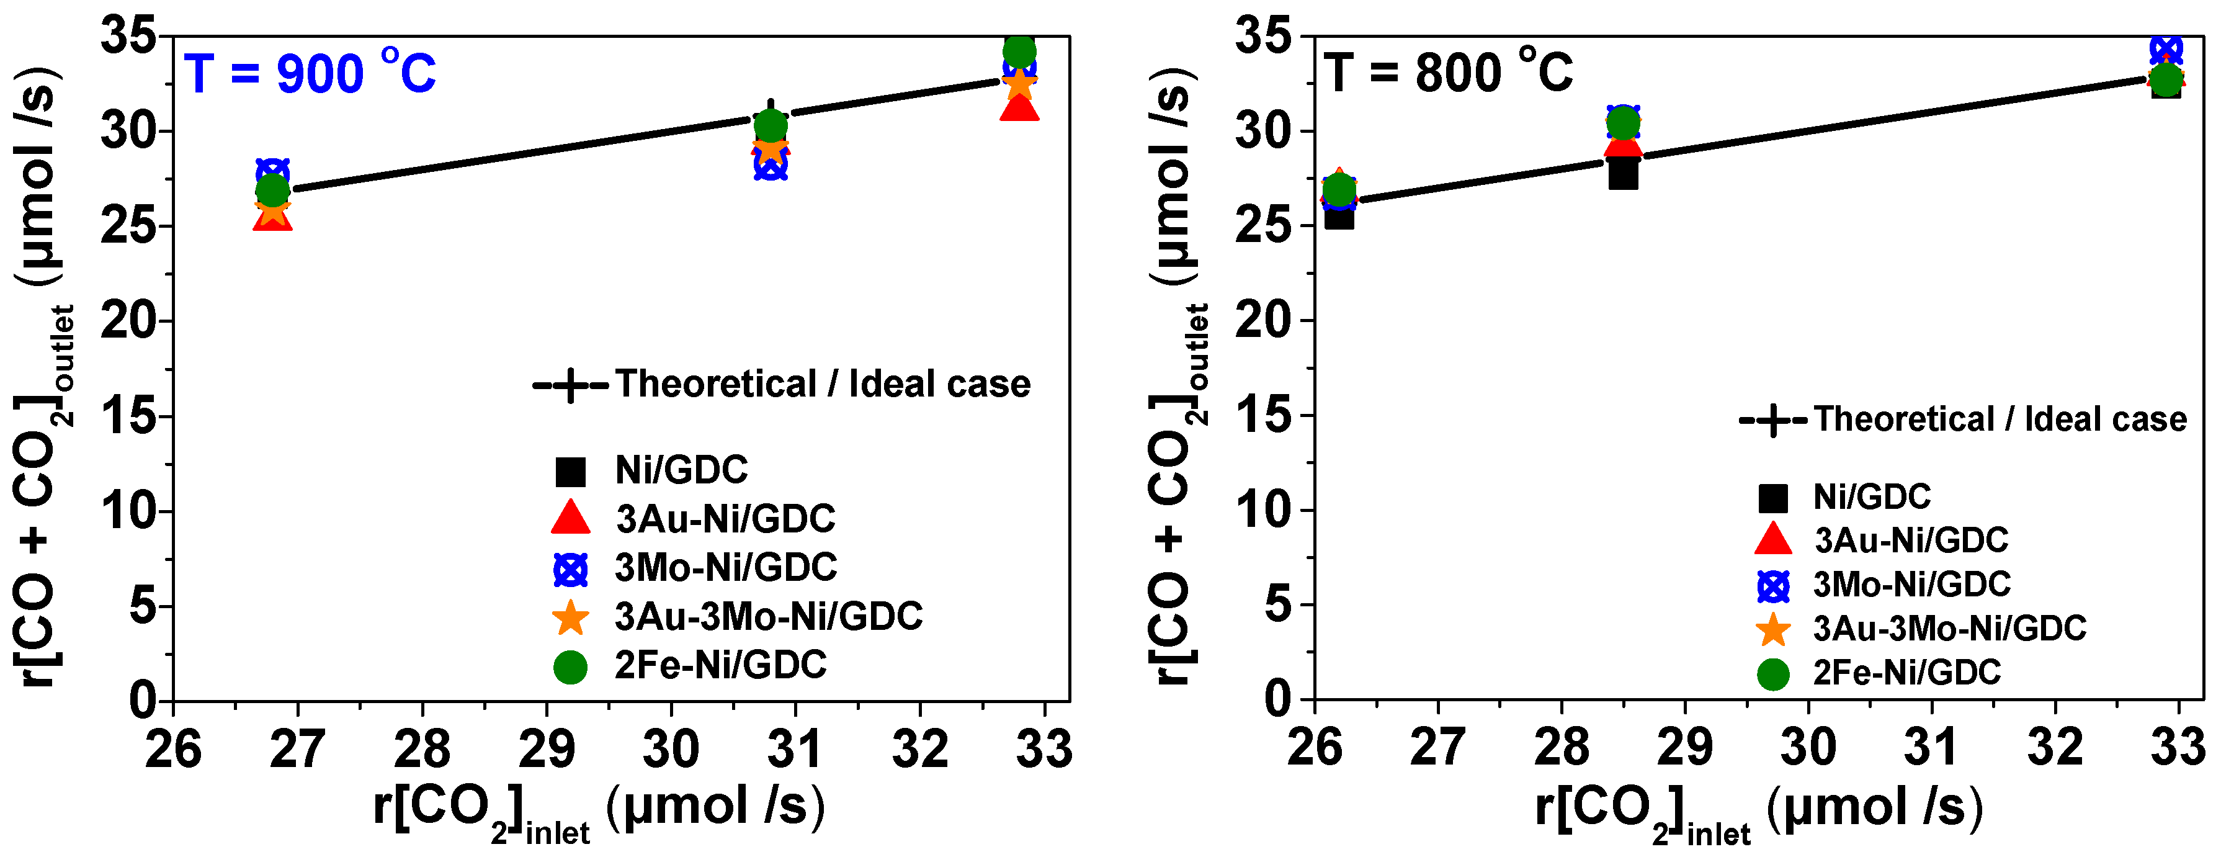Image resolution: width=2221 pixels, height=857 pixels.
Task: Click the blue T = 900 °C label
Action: tap(310, 73)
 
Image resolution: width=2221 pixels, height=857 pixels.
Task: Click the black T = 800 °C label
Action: tap(1449, 73)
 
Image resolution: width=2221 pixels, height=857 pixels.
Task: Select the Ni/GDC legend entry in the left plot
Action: tap(681, 470)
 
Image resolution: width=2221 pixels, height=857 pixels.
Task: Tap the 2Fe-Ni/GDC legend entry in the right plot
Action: tap(1906, 673)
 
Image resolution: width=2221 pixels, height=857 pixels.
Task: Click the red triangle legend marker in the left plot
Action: tap(570, 518)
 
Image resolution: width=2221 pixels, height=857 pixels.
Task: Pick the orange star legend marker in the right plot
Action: tap(1772, 629)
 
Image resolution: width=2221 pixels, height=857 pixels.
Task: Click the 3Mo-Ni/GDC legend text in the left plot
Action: tap(725, 567)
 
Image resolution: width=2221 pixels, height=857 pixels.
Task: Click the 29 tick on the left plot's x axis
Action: tap(546, 748)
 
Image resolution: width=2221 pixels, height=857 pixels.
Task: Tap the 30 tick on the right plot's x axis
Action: tap(1808, 747)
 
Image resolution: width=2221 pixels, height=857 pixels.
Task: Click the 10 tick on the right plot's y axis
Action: tap(1263, 510)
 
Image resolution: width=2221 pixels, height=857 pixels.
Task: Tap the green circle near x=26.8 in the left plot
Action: tap(272, 191)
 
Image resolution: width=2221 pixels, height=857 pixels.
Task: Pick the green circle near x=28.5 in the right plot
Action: tap(1624, 122)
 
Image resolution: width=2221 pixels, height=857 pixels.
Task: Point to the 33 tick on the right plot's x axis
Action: tap(2177, 747)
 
